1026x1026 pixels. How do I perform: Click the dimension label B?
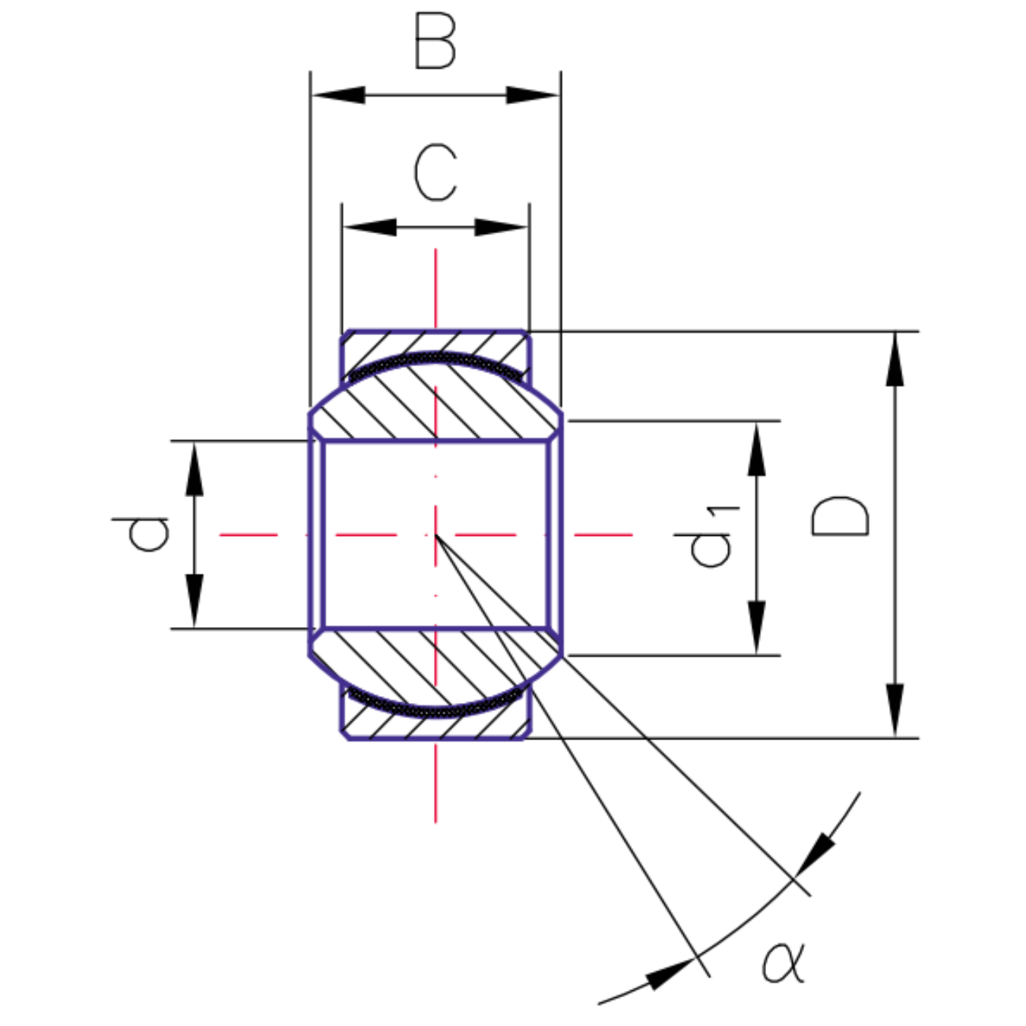click(x=435, y=41)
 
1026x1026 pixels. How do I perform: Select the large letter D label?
click(x=840, y=516)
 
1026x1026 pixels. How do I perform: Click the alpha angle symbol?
click(x=784, y=962)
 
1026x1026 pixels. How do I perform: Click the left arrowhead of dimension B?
click(x=338, y=95)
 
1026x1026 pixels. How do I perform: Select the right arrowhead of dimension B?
click(x=533, y=95)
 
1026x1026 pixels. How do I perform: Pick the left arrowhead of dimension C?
click(x=369, y=227)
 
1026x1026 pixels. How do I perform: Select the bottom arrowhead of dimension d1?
click(x=756, y=627)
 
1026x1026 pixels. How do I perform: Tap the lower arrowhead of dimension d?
click(x=195, y=601)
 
